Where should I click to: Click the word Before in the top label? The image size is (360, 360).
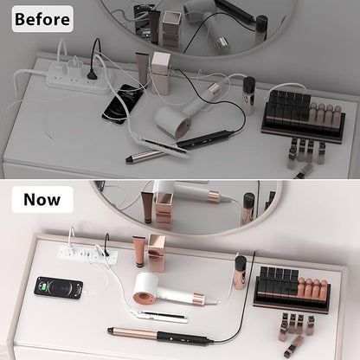[x=42, y=19]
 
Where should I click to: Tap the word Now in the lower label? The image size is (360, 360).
[x=42, y=200]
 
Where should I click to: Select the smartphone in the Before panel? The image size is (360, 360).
[x=123, y=104]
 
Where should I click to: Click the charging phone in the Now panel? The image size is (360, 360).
[x=59, y=287]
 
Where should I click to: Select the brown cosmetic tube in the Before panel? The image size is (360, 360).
[x=142, y=68]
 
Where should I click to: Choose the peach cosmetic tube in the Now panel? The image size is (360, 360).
[x=139, y=252]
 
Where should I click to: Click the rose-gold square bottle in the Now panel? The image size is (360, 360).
[x=157, y=253]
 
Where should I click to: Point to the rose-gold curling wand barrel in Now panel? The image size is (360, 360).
[x=132, y=332]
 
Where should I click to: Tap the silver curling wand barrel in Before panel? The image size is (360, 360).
[x=145, y=155]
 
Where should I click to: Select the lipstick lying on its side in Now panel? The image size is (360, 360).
[x=293, y=345]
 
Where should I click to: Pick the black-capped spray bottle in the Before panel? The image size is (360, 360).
[x=249, y=96]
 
